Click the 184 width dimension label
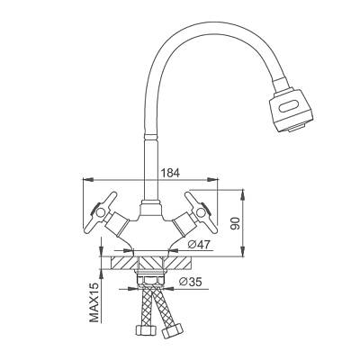point(170,173)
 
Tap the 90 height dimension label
point(237,222)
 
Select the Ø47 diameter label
point(199,244)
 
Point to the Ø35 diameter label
point(190,282)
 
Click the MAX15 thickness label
point(94,302)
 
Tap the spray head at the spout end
point(290,109)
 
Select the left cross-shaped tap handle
point(100,212)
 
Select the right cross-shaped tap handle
point(201,212)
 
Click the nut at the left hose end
point(146,330)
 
